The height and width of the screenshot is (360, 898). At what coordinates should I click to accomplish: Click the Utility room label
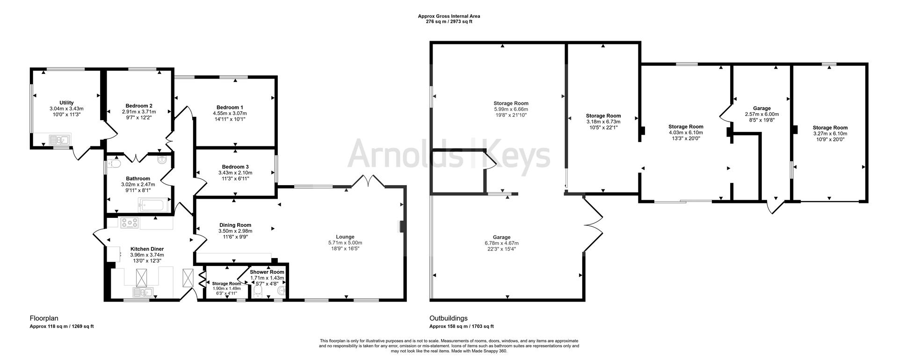pos(66,103)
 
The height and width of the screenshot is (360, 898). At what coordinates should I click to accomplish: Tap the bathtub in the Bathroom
pos(151,205)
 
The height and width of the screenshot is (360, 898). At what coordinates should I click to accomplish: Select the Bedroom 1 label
pos(230,108)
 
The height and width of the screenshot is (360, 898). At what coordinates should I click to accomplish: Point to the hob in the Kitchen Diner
pos(130,223)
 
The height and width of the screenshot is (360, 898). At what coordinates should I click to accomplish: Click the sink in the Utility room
pos(59,139)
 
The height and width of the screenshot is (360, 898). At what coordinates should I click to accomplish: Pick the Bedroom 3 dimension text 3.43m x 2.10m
pos(235,173)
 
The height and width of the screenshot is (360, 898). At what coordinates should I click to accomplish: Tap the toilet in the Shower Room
pos(257,292)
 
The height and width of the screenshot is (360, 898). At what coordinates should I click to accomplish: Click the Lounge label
pos(345,237)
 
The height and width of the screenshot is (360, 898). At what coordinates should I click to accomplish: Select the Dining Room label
pos(235,225)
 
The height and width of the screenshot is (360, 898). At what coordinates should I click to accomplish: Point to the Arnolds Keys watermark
pos(449,153)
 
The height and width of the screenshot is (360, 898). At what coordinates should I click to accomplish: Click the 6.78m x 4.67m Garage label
pos(501,237)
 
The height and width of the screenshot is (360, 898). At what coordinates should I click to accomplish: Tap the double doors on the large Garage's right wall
pos(592,225)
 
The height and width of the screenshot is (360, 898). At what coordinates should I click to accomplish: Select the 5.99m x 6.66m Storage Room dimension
pos(511,109)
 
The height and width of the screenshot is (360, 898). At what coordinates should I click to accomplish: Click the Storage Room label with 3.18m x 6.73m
pos(603,116)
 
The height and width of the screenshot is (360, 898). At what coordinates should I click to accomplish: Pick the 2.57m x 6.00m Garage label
pos(762,108)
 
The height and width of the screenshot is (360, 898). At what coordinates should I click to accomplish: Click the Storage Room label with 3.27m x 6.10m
pos(830,128)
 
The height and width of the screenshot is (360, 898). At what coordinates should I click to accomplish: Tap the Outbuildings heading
pos(449,319)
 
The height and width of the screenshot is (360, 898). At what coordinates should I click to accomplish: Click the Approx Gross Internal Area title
pos(449,16)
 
